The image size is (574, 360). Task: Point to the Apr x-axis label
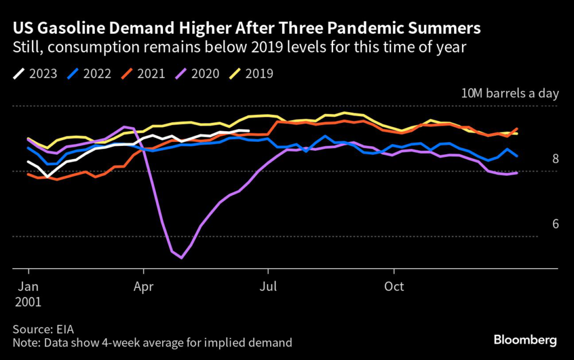click(x=144, y=286)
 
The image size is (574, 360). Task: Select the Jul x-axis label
click(x=269, y=286)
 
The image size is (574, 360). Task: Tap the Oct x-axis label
click(x=394, y=286)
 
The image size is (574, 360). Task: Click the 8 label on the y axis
click(x=555, y=159)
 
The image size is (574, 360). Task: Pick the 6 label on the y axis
click(x=555, y=224)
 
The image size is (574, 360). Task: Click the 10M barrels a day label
click(x=510, y=93)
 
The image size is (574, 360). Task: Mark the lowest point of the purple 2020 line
click(x=181, y=258)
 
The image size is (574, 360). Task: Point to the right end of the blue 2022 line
click(x=517, y=156)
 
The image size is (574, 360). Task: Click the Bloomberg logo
click(x=525, y=340)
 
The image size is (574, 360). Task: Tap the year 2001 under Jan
click(x=29, y=301)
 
